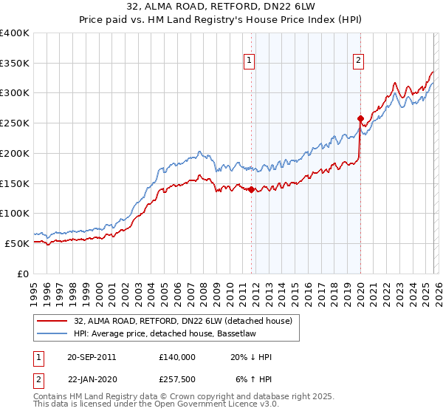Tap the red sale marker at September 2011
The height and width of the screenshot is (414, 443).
point(251,189)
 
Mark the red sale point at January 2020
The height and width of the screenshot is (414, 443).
point(360,118)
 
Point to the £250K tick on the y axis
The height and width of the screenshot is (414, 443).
point(15,123)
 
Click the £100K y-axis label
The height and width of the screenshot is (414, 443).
point(15,213)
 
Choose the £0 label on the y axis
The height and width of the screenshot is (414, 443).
point(22,274)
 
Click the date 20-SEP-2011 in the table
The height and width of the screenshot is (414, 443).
point(91,357)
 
